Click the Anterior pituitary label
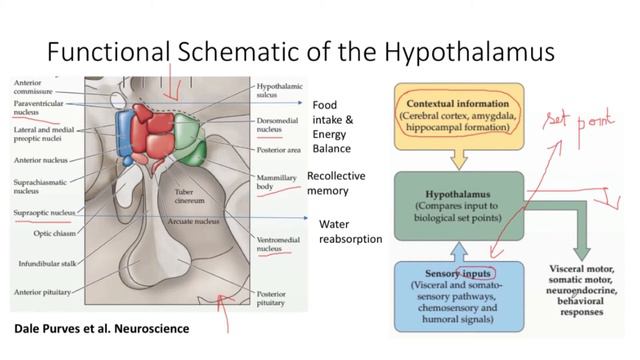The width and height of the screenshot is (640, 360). pyautogui.click(x=45, y=292)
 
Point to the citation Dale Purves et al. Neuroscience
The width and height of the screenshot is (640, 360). pyautogui.click(x=100, y=328)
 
